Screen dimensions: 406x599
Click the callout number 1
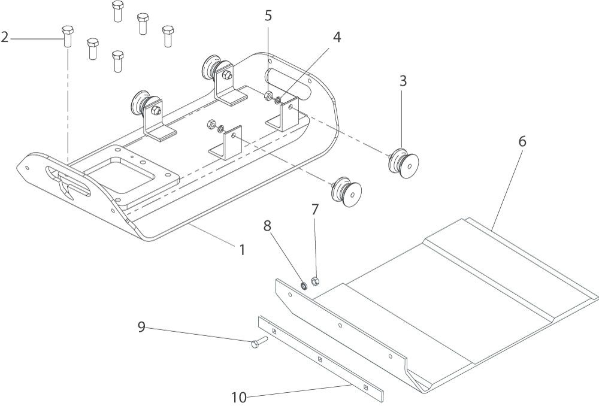pyautogui.click(x=242, y=249)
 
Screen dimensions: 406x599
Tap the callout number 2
pyautogui.click(x=5, y=38)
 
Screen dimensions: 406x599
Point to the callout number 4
pyautogui.click(x=337, y=37)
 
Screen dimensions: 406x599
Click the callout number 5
pyautogui.click(x=269, y=16)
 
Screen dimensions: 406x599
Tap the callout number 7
pyautogui.click(x=315, y=210)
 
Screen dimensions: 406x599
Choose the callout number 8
pyautogui.click(x=267, y=226)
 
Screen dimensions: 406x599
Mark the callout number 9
pyautogui.click(x=141, y=327)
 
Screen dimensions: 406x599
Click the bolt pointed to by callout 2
pyautogui.click(x=68, y=37)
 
